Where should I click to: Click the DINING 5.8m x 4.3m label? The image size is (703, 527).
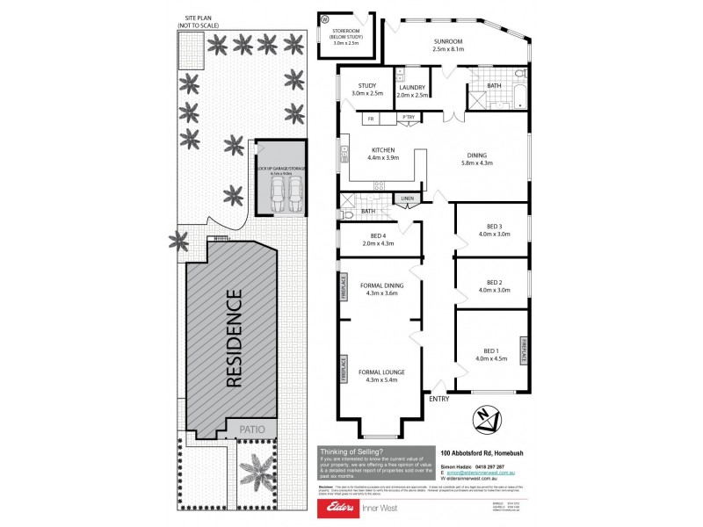tap(475, 159)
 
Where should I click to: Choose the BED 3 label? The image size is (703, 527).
tap(493, 229)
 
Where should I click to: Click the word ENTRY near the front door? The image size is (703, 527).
tap(439, 400)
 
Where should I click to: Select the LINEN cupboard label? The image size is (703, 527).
tap(406, 199)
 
